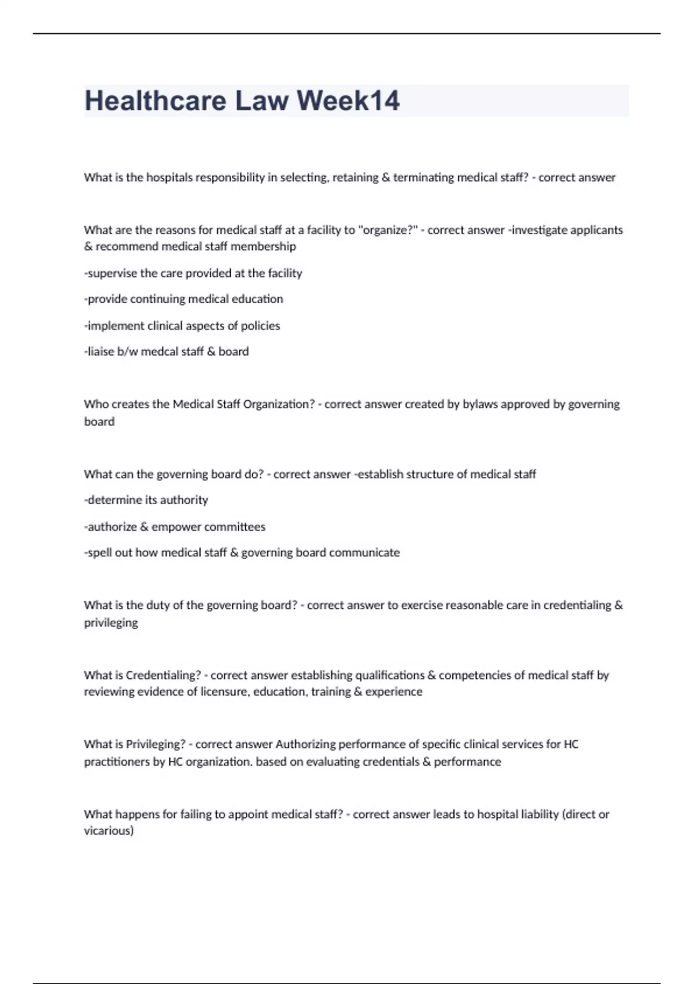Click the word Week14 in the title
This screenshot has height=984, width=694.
(x=348, y=101)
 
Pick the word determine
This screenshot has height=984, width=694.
(x=113, y=500)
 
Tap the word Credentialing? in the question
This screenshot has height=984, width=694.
(x=164, y=675)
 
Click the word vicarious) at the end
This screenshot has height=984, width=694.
(x=109, y=831)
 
